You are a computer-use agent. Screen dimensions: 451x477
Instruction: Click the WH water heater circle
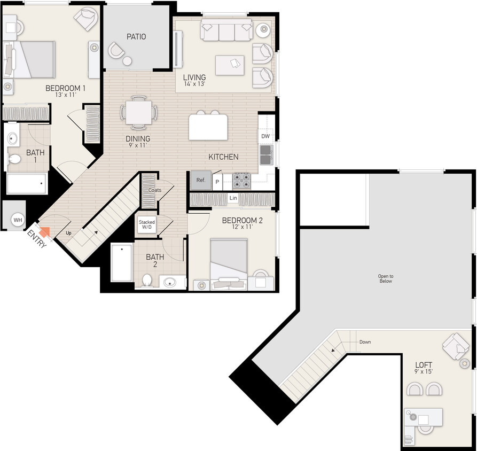[18, 220]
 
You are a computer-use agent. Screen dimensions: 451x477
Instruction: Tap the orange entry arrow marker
[44, 231]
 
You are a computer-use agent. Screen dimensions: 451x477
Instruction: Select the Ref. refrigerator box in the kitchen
[201, 181]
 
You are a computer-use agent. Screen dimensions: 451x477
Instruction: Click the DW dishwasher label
[265, 136]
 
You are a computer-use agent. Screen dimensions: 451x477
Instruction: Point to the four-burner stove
[241, 181]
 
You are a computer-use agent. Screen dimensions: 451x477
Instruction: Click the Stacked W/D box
[147, 225]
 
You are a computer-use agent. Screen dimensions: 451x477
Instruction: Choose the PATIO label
[136, 37]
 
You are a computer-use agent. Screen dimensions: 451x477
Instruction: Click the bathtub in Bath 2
[122, 262]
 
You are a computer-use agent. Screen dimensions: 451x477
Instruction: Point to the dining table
[138, 113]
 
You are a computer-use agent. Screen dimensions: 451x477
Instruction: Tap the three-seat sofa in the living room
[226, 32]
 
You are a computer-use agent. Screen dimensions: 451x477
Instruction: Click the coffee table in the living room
[230, 65]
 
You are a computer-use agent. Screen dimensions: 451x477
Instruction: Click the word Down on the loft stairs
[365, 342]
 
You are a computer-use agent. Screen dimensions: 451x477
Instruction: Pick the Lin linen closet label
[233, 198]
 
